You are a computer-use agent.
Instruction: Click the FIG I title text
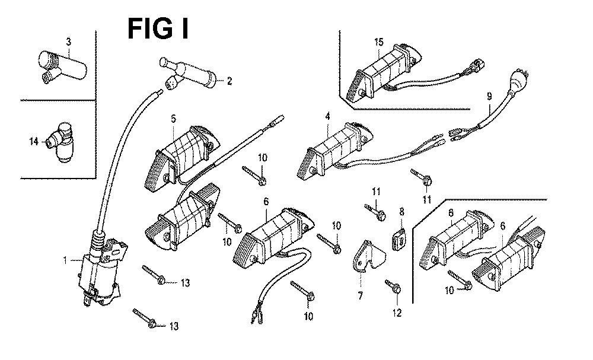[x=158, y=28]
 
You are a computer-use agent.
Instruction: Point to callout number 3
[x=68, y=41]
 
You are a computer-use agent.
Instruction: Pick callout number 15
[x=380, y=42]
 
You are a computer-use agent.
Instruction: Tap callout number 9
[x=489, y=96]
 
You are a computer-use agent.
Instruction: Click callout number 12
[x=397, y=313]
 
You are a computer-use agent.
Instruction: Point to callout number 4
[x=327, y=116]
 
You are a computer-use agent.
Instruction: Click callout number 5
[x=173, y=119]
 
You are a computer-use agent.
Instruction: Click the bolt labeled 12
[x=393, y=286]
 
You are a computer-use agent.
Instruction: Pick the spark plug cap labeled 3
[x=53, y=65]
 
